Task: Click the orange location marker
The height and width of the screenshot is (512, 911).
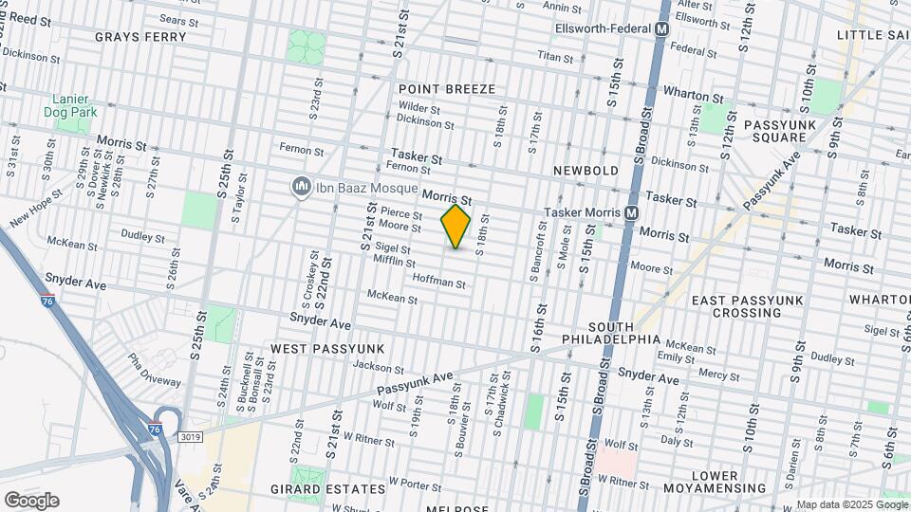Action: coord(455,227)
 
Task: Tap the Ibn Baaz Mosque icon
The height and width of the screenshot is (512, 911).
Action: coord(302,188)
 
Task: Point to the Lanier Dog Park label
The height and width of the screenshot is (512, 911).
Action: coord(70,104)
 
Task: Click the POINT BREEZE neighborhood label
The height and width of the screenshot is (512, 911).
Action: coord(446,89)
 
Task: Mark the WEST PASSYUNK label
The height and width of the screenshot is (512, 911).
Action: coord(315,349)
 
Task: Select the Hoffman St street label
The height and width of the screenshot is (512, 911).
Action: coord(439,282)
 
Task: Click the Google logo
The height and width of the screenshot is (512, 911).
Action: coord(31,500)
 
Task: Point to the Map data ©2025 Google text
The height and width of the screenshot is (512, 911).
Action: coord(851,504)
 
